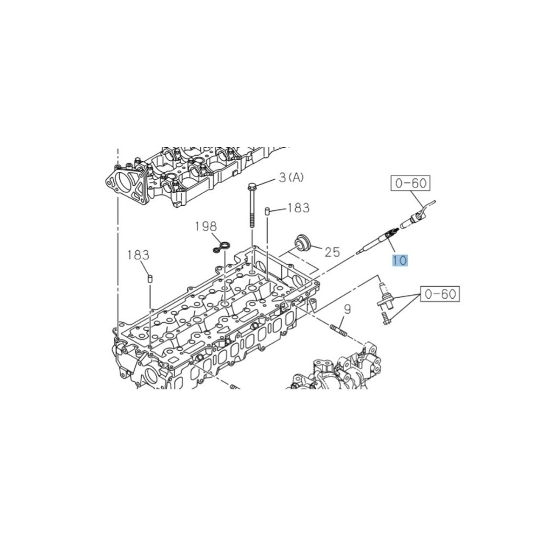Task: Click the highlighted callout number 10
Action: (400, 260)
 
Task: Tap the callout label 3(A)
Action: (291, 177)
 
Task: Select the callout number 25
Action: (332, 252)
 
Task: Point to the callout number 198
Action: (206, 226)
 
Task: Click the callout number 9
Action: (347, 309)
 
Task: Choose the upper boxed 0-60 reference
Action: (411, 183)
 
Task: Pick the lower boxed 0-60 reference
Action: (440, 294)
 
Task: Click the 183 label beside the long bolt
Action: (298, 207)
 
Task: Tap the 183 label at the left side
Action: (139, 255)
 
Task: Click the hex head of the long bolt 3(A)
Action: (252, 187)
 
